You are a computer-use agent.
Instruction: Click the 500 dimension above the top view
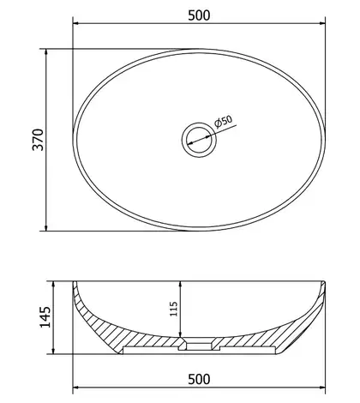click(x=199, y=15)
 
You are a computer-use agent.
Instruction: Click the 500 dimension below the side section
click(x=199, y=379)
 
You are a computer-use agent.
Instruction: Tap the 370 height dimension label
click(x=38, y=140)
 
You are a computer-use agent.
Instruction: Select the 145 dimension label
click(x=45, y=317)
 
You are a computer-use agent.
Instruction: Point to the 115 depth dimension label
click(x=174, y=309)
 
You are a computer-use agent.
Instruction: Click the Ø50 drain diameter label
click(x=223, y=122)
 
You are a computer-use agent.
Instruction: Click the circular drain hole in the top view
click(x=199, y=140)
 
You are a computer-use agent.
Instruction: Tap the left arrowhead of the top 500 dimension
click(x=76, y=23)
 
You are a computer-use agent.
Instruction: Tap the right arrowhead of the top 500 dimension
click(x=322, y=23)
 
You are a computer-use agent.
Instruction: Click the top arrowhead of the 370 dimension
click(x=46, y=52)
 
